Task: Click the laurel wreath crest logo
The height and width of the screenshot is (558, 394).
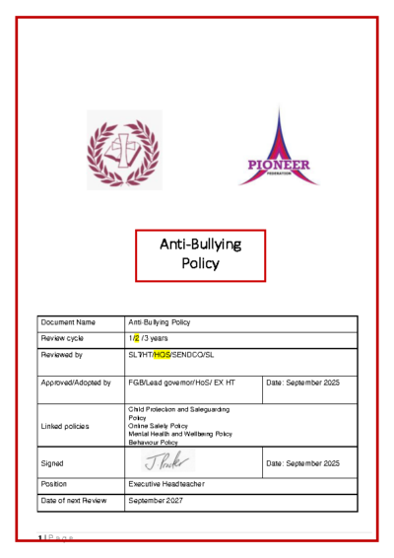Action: (122, 150)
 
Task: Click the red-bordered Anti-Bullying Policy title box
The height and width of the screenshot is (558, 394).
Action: (200, 254)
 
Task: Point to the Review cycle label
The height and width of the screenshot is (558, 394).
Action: (64, 337)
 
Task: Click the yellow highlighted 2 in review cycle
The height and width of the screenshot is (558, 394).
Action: (137, 337)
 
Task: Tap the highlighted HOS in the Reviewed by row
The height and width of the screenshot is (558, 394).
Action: (162, 353)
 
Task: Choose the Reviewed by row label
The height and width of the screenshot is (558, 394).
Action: (62, 353)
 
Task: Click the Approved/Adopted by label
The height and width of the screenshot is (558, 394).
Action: (76, 382)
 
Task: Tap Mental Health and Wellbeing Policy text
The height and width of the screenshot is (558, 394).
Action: (180, 434)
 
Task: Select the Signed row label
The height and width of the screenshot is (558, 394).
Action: (53, 462)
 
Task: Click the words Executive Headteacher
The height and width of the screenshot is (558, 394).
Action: (167, 484)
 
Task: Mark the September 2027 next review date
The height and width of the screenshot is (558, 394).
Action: (156, 501)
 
